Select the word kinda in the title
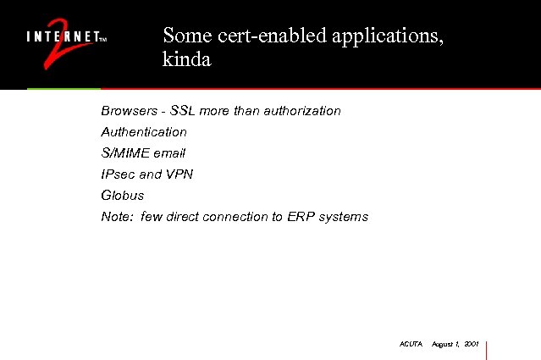pos(186,60)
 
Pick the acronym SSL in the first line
pos(184,111)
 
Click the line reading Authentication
pos(144,132)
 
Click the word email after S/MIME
pos(168,153)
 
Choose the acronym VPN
pos(180,174)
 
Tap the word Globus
pos(123,196)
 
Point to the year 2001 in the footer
pos(472,345)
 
